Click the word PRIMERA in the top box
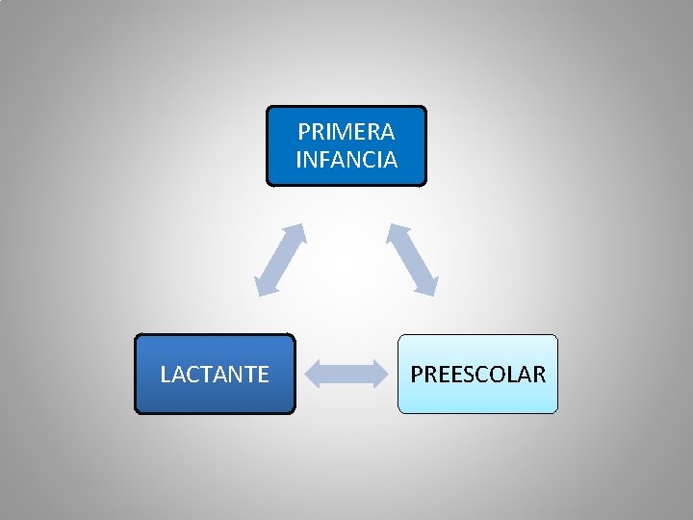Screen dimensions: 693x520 (x=346, y=131)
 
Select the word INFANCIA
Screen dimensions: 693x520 (x=346, y=160)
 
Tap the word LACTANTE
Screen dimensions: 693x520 (x=215, y=375)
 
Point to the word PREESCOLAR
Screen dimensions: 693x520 (x=478, y=375)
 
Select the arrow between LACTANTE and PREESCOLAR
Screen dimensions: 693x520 (x=346, y=374)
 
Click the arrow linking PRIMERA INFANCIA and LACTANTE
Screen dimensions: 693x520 (x=280, y=259)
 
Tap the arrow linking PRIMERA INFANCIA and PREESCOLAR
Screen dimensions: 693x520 (x=413, y=259)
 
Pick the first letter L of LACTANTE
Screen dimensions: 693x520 (x=165, y=375)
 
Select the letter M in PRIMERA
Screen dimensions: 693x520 (x=339, y=131)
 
